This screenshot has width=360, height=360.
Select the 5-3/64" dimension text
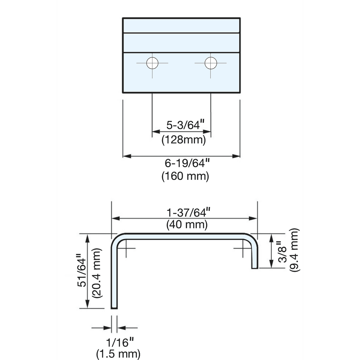[x=185, y=125]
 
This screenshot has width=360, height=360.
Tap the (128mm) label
[x=184, y=139]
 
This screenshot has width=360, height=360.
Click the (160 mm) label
[x=185, y=176]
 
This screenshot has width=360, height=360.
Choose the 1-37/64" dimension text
[x=188, y=213]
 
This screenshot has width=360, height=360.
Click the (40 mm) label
[x=187, y=224]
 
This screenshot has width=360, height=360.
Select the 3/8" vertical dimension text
[x=282, y=252]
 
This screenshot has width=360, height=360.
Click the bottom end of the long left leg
[x=114, y=309]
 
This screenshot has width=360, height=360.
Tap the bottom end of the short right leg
[x=255, y=268]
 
